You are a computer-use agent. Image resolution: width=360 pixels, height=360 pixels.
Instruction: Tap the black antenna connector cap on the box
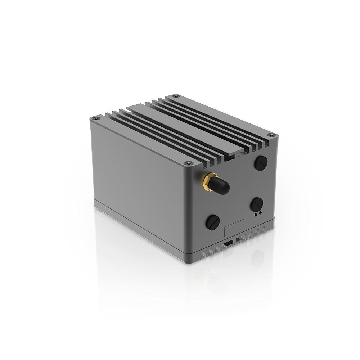(220, 186)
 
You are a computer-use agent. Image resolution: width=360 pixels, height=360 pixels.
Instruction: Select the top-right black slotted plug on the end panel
(261, 163)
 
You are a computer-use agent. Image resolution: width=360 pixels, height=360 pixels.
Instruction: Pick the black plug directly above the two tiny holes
(256, 204)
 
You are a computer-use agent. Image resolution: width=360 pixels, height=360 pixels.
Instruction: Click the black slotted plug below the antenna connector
(212, 222)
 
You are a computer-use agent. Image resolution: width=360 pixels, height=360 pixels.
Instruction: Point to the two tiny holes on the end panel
(257, 214)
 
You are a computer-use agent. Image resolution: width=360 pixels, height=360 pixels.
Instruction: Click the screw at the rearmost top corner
(176, 96)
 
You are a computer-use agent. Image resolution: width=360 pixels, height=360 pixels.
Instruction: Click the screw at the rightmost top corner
(271, 135)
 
